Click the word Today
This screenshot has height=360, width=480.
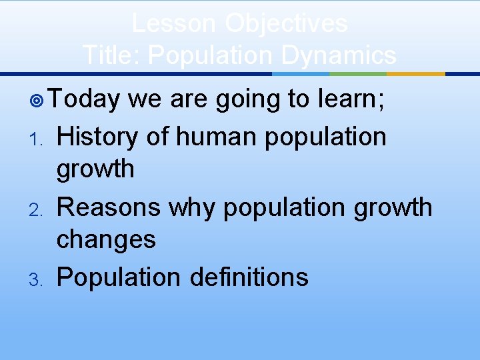tap(84, 99)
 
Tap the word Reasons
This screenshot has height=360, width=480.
tap(109, 207)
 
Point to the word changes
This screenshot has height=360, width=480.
tap(106, 239)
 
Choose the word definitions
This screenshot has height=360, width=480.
tap(249, 277)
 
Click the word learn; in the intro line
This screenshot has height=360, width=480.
tap(357, 99)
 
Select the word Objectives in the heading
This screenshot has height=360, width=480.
tap(286, 23)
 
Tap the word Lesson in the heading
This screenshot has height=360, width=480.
tap(174, 23)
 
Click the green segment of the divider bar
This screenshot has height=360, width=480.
tap(359, 74)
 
